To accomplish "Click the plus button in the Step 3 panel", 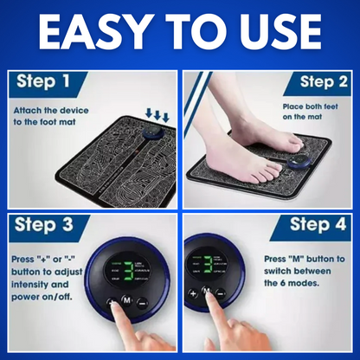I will click(112, 304).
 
